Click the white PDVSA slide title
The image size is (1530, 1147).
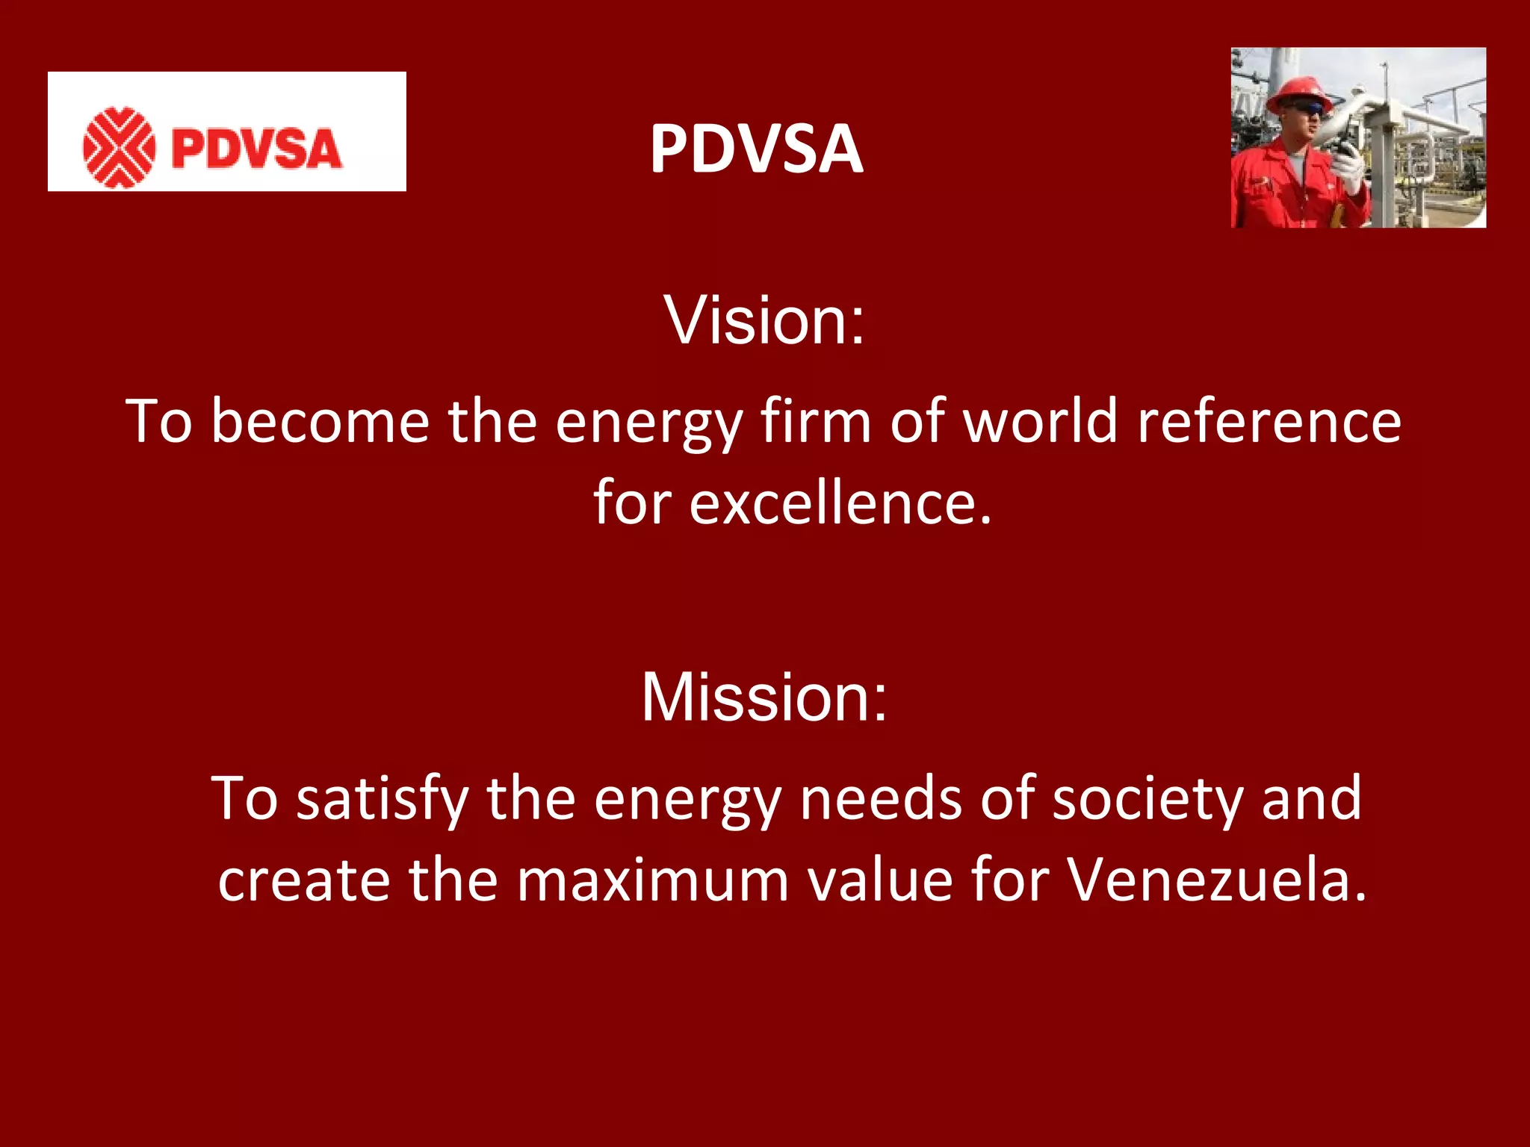click(x=756, y=149)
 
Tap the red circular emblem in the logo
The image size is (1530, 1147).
click(x=119, y=147)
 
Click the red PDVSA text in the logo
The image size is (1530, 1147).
click(x=256, y=148)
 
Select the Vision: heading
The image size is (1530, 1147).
click(x=764, y=320)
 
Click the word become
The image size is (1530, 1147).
click(x=320, y=422)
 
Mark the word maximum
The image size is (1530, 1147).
click(x=652, y=880)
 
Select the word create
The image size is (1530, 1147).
click(x=303, y=880)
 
